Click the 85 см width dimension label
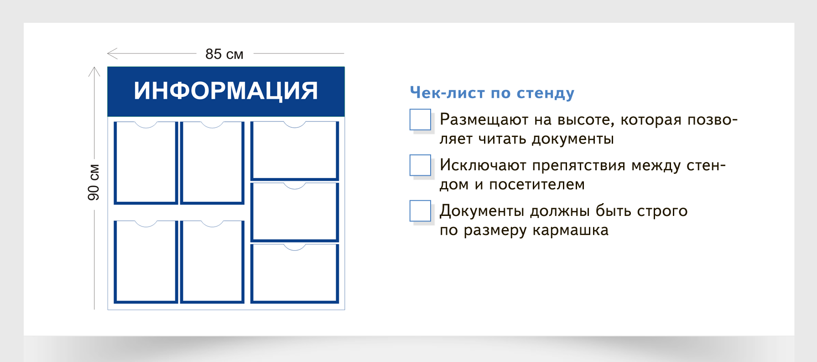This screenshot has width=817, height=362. pyautogui.click(x=224, y=54)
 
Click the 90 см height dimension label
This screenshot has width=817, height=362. pyautogui.click(x=94, y=182)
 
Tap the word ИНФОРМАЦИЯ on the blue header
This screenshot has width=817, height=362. pyautogui.click(x=226, y=91)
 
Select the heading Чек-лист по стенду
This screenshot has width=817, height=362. pyautogui.click(x=492, y=93)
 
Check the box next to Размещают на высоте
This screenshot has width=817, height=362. pyautogui.click(x=420, y=120)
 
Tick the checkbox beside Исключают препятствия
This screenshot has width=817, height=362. pyautogui.click(x=420, y=165)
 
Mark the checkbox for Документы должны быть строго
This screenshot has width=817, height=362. pyautogui.click(x=420, y=211)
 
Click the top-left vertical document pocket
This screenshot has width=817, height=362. pyautogui.click(x=146, y=163)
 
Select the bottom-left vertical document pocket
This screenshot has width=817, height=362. pyautogui.click(x=146, y=262)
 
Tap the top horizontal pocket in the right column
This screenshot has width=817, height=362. pyautogui.click(x=295, y=151)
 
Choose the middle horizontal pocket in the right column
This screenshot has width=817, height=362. pyautogui.click(x=295, y=212)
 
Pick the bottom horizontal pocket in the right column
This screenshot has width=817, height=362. pyautogui.click(x=295, y=274)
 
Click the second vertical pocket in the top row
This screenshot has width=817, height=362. pyautogui.click(x=212, y=163)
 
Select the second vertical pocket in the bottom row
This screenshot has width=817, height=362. pyautogui.click(x=212, y=262)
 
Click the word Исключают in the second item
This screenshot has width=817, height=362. pyautogui.click(x=483, y=165)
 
